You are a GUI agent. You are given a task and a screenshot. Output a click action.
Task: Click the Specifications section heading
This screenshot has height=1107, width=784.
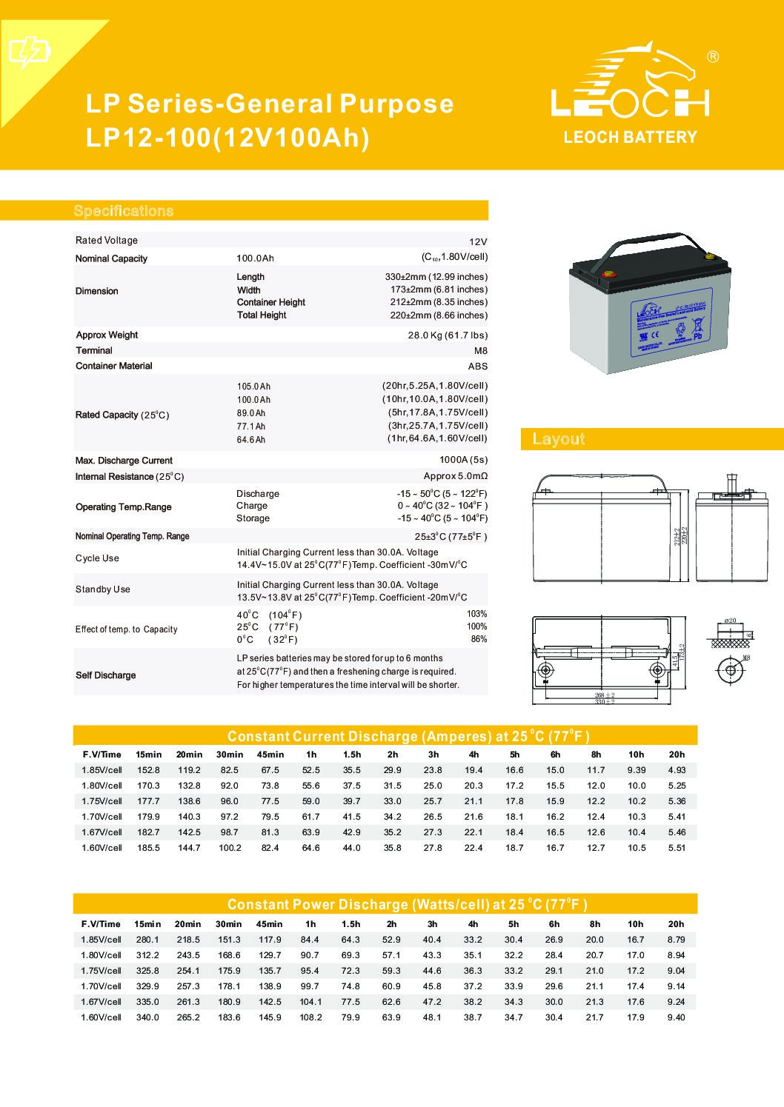[x=124, y=211]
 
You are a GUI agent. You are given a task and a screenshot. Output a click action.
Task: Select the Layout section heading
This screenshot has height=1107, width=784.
[x=559, y=439]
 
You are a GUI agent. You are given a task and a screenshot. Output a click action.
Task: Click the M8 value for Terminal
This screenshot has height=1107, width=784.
[x=479, y=350]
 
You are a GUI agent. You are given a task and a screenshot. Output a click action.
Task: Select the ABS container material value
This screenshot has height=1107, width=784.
[x=478, y=366]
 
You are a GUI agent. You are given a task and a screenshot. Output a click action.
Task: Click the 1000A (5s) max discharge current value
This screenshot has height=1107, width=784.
[x=463, y=461]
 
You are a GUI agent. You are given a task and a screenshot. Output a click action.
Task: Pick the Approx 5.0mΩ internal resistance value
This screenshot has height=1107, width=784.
[x=455, y=476]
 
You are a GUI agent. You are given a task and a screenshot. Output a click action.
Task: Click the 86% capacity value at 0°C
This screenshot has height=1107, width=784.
[x=479, y=639]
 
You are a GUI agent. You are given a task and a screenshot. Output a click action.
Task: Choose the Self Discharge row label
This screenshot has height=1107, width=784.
[x=106, y=675]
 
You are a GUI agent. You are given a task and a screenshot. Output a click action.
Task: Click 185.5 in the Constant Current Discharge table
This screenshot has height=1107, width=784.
[x=148, y=848]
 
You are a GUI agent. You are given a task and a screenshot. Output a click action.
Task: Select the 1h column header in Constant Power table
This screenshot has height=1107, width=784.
[x=310, y=924]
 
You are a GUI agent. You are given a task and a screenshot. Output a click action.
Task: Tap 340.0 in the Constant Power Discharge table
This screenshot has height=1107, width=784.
[x=147, y=1017]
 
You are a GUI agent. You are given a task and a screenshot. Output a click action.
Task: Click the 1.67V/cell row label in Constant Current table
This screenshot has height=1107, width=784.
[x=102, y=832]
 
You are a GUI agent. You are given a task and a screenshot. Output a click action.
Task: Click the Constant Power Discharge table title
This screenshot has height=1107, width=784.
[x=407, y=904]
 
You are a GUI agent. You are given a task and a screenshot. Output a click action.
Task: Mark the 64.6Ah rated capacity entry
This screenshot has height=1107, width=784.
[x=250, y=440]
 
